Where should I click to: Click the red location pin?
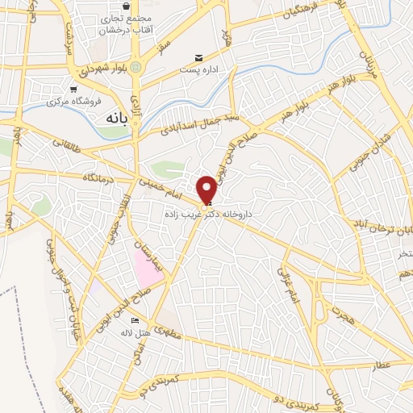click(207, 190)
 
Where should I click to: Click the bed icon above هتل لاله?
click(135, 321)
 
